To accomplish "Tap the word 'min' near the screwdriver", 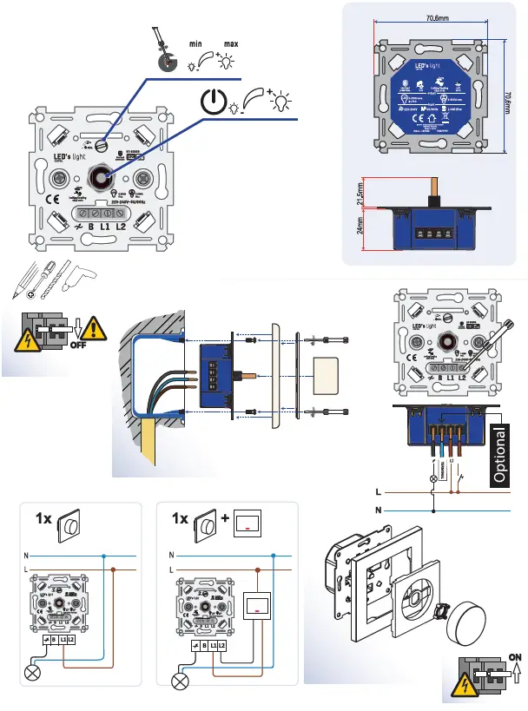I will pyautogui.click(x=196, y=43).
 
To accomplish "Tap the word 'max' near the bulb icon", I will pyautogui.click(x=230, y=43).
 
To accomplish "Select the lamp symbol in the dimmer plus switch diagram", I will pyautogui.click(x=181, y=679).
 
